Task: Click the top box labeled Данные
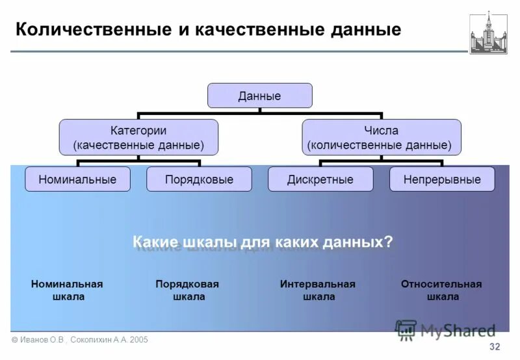(259, 96)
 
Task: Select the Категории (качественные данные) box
(138, 137)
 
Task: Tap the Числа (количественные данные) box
(382, 137)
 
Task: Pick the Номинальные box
(77, 179)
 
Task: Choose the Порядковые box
(199, 179)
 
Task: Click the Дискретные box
(320, 179)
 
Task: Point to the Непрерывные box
(442, 179)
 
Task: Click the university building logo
(488, 32)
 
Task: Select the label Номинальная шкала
(67, 290)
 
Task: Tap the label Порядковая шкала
(187, 290)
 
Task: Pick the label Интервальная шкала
(318, 290)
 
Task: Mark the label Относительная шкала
(441, 290)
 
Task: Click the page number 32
(495, 346)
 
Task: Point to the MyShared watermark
(446, 330)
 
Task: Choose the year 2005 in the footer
(138, 340)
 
